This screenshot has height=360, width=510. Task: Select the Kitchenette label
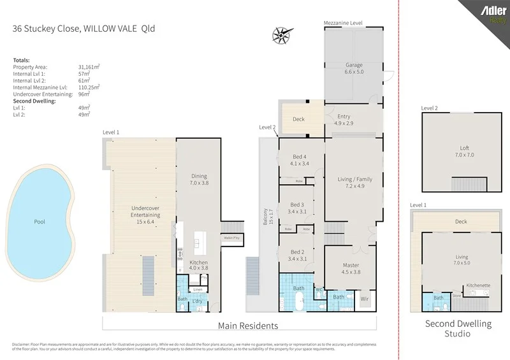pos(477,285)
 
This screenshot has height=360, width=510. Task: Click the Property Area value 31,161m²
pos(89,67)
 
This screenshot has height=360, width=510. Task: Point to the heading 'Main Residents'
pos(248,326)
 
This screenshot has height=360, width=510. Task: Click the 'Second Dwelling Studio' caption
pos(458,328)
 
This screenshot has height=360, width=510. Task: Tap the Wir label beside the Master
pos(365,298)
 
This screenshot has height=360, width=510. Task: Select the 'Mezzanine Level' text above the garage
pos(343,22)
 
